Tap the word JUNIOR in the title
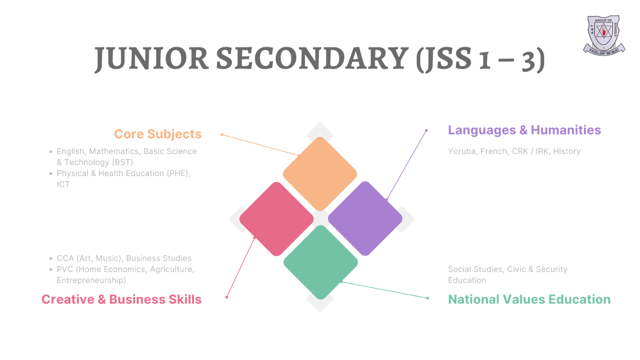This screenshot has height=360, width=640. click(151, 59)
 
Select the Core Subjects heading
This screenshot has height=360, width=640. click(158, 134)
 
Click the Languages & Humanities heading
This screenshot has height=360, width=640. click(524, 130)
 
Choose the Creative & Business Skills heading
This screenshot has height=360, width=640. click(122, 299)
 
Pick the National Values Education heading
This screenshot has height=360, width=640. click(529, 299)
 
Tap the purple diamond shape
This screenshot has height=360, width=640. click(365, 218)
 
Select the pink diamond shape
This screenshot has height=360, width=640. click(276, 219)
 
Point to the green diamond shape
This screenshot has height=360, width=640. click(320, 262)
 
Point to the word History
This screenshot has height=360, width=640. click(567, 151)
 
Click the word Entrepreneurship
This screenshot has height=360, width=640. click(91, 280)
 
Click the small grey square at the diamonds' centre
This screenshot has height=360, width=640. click(320, 218)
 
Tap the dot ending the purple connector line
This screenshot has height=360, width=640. click(426, 130)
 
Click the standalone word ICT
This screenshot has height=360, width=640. click(63, 184)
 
